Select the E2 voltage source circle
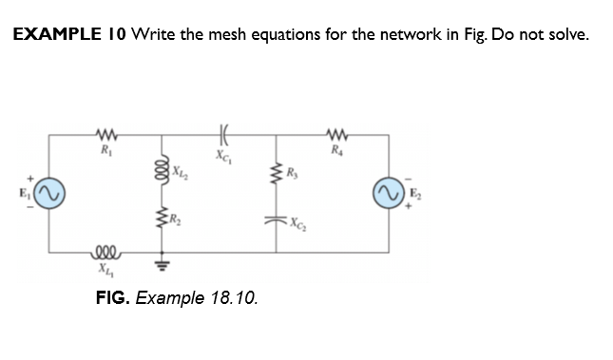click(388, 193)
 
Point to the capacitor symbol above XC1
click(221, 134)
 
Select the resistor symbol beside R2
click(163, 223)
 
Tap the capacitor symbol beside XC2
click(278, 224)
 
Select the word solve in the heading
click(565, 35)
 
